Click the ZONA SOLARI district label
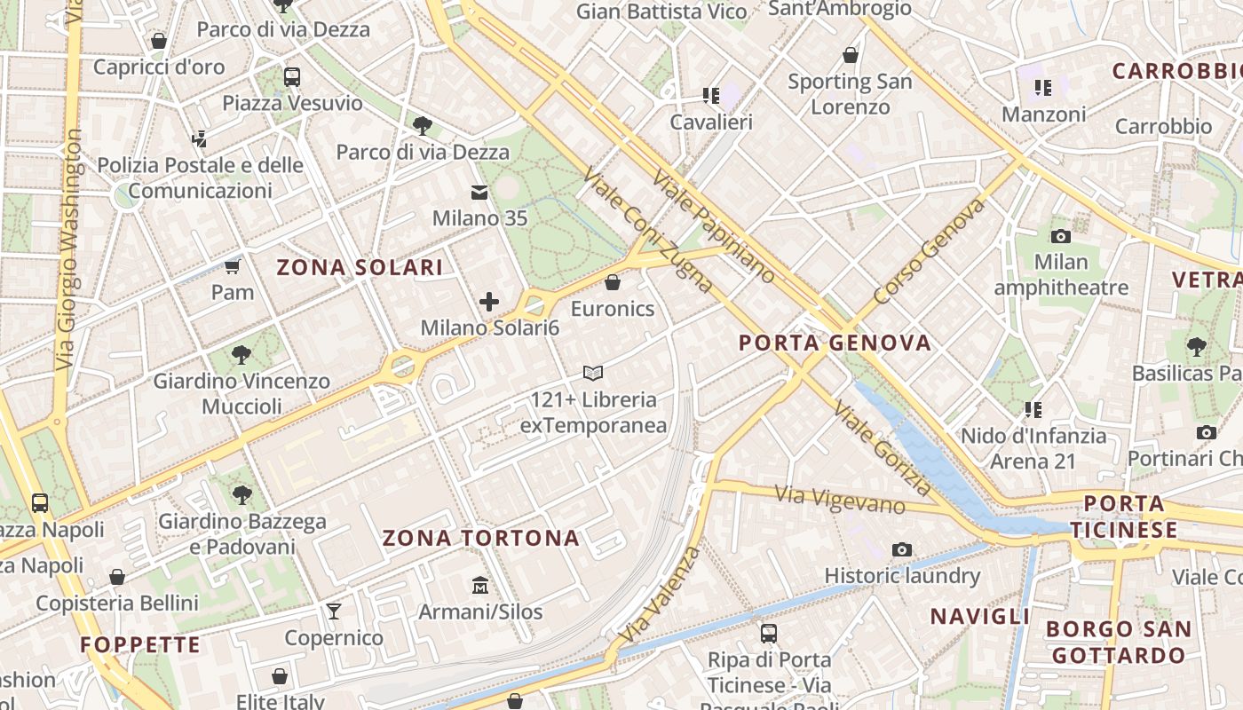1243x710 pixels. [360, 267]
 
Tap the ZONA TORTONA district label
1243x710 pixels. [480, 538]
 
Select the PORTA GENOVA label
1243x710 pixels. [835, 343]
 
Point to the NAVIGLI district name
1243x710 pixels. [980, 616]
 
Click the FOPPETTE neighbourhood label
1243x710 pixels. [141, 644]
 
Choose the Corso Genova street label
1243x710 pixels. [930, 251]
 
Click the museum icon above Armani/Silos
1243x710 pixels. [480, 585]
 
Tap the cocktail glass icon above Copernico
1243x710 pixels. [334, 611]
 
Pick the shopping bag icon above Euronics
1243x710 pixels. [612, 282]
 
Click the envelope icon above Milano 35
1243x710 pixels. [479, 192]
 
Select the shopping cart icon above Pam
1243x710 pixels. [232, 266]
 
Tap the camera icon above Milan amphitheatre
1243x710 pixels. [1060, 236]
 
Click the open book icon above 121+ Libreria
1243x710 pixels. [592, 373]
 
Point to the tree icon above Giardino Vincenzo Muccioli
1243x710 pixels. [241, 355]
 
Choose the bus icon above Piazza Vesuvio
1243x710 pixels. [292, 77]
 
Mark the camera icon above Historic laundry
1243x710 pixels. [902, 549]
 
